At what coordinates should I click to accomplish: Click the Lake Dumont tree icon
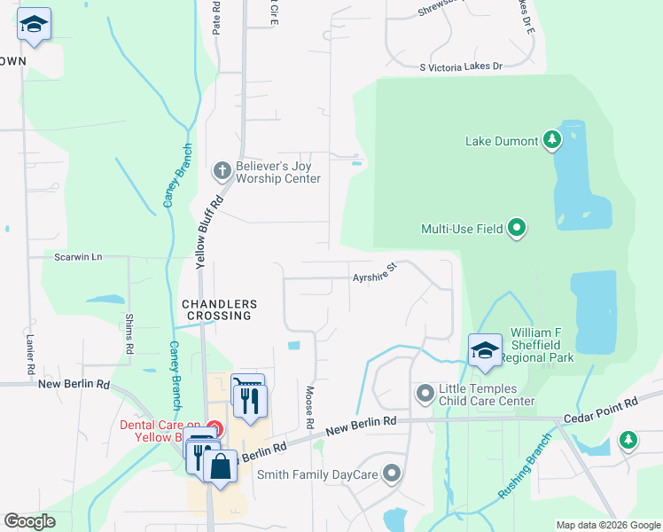tap(552, 139)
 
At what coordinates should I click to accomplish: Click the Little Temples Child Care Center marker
tap(425, 392)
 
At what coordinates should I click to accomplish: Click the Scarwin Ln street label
tap(78, 257)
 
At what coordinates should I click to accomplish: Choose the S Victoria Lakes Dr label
tap(461, 66)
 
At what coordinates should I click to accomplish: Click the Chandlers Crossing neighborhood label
tap(218, 309)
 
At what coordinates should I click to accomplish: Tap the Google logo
tap(29, 521)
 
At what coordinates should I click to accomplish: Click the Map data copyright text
tap(607, 525)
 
